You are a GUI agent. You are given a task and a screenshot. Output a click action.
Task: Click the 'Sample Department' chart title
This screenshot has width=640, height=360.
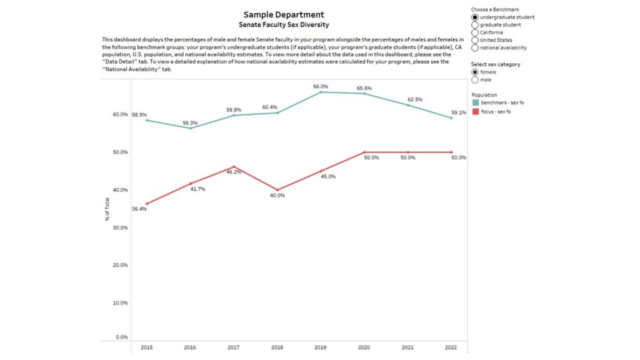(284, 15)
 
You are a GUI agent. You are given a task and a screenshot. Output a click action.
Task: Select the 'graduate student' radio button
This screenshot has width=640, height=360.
(475, 25)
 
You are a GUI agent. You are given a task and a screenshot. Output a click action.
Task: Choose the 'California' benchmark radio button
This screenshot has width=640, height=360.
(475, 32)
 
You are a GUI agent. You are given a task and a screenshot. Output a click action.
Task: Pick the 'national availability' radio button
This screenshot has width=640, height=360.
(475, 47)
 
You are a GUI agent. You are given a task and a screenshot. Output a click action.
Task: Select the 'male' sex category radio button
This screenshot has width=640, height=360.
(475, 80)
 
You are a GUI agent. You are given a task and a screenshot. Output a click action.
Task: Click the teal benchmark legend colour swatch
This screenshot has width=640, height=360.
(476, 103)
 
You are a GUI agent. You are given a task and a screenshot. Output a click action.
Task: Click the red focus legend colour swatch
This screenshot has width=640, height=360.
(476, 111)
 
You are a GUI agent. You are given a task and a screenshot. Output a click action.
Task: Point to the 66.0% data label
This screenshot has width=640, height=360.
(321, 86)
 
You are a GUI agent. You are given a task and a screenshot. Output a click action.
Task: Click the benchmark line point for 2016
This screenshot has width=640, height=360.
(190, 129)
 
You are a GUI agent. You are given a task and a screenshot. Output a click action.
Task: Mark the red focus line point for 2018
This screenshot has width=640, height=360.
(277, 190)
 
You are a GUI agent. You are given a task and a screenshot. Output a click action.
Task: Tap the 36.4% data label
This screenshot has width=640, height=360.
(139, 209)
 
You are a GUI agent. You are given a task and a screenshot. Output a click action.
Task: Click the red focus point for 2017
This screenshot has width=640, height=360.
(234, 166)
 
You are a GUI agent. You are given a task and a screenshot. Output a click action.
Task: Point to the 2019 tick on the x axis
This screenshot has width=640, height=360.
(321, 347)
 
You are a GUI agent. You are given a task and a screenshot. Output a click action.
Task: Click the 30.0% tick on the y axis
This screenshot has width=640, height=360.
(121, 227)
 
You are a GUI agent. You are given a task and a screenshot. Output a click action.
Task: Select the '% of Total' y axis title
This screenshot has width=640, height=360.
(107, 209)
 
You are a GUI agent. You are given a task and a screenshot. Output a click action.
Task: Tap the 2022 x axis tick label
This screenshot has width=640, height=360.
(451, 347)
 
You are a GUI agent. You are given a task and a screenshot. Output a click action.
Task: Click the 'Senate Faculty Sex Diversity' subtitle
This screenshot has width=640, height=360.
(284, 25)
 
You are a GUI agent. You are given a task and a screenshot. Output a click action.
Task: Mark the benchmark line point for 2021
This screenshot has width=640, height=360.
(407, 105)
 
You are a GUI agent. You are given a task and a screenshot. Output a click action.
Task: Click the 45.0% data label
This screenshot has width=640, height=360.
(328, 177)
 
